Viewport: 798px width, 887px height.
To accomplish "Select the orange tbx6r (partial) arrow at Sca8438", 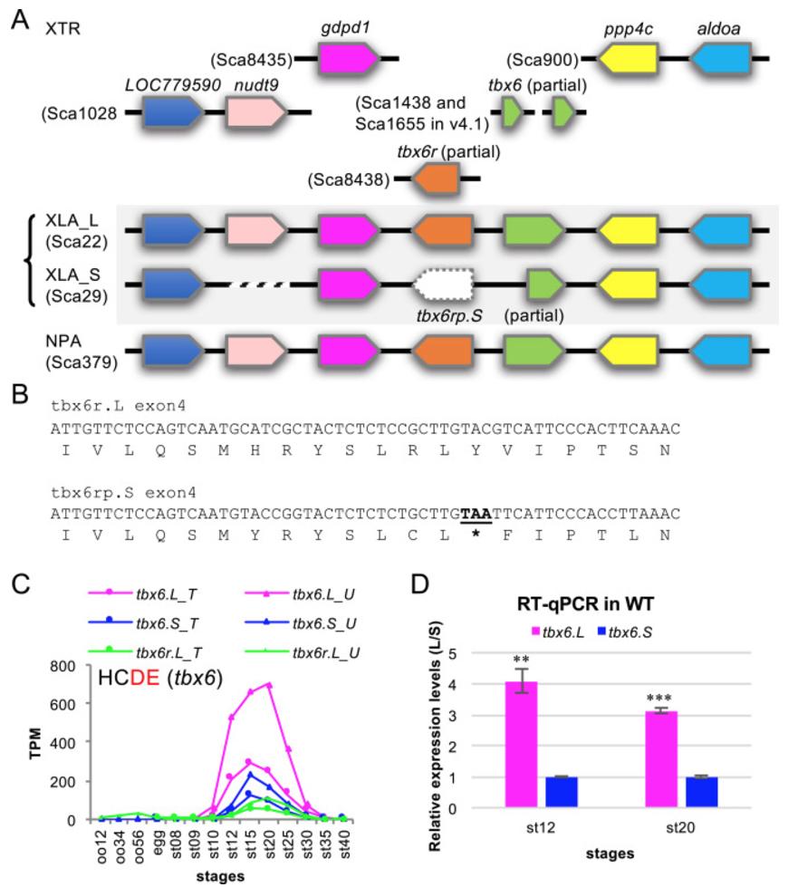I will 439,180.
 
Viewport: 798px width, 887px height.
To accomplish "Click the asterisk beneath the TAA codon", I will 476,535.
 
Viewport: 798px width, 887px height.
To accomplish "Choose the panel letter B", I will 19,395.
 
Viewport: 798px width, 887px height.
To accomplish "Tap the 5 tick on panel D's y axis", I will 466,652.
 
